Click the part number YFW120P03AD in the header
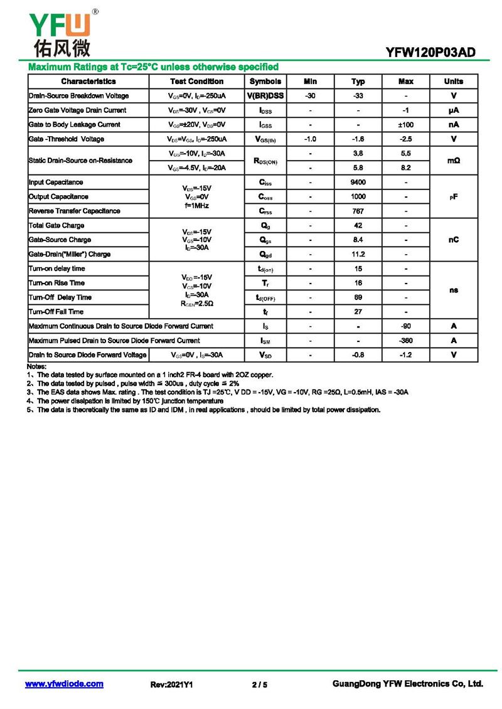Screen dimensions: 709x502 pos(430,53)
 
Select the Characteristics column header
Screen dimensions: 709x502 pos(88,82)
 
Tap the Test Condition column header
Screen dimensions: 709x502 pos(196,82)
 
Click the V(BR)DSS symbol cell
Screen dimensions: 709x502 pos(265,96)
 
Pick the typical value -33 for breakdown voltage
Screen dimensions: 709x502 pos(358,96)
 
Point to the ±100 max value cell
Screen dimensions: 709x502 pos(406,125)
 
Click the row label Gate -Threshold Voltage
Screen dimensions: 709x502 pos(67,139)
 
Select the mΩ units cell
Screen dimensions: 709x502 pos(454,161)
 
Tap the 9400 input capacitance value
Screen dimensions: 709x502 pos(358,183)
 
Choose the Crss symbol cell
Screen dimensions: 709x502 pos(265,211)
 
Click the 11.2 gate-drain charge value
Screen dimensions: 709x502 pos(358,255)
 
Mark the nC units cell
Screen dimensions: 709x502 pos(454,240)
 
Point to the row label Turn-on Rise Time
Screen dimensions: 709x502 pos(56,283)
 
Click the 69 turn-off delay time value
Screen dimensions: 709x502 pos(358,297)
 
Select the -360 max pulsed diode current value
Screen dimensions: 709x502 pos(406,341)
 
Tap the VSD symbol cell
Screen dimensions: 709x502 pos(265,355)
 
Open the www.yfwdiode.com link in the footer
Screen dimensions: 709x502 pos(64,684)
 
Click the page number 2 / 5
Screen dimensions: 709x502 pos(259,685)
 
